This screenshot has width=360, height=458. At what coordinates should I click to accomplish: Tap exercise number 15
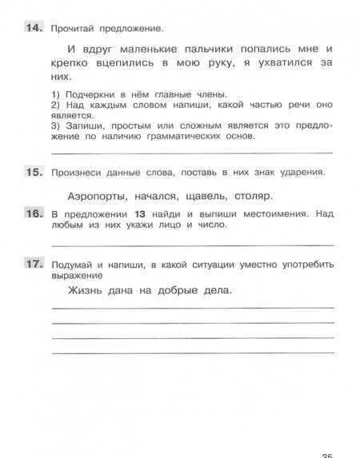(30, 171)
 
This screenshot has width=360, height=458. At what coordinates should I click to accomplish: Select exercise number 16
(30, 214)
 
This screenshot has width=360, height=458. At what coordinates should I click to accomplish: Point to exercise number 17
(30, 264)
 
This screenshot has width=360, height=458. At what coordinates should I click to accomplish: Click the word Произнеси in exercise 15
(78, 172)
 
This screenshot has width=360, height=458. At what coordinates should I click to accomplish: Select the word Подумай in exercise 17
(74, 264)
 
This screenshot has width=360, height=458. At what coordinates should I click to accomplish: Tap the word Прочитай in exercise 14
(77, 29)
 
